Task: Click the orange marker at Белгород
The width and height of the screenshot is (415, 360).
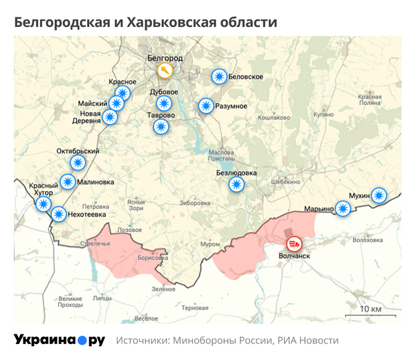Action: click(164, 71)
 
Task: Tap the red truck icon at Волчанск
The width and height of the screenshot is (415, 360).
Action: click(294, 244)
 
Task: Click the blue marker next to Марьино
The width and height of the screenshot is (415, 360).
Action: click(342, 208)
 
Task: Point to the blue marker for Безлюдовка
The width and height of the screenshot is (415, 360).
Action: click(237, 184)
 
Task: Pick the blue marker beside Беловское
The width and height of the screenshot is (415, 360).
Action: click(219, 76)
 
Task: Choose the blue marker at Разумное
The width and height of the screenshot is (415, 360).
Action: click(205, 106)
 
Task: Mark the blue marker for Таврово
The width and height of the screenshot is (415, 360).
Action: click(160, 126)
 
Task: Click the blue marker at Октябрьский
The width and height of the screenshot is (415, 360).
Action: click(77, 163)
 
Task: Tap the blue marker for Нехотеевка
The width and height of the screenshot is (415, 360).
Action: click(59, 215)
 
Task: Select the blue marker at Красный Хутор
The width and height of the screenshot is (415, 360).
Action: click(43, 204)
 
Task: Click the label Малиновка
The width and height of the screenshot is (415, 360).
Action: click(96, 183)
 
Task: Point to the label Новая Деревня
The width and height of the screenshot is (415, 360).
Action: click(90, 116)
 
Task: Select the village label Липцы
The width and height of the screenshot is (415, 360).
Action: click(102, 299)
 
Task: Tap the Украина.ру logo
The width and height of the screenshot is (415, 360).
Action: click(59, 340)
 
